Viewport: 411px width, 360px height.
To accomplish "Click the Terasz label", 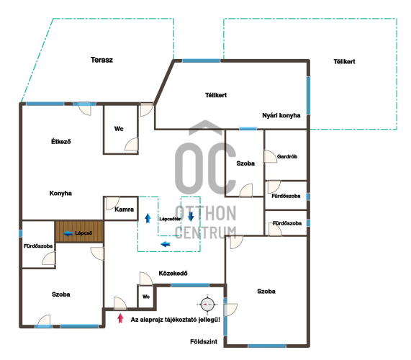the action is click(101, 60).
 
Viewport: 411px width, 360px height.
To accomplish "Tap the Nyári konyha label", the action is click(281, 115).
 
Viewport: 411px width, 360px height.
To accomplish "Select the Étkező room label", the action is click(60, 142).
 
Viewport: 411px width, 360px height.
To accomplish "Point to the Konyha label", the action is click(60, 193).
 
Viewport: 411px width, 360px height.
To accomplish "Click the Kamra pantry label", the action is click(125, 210).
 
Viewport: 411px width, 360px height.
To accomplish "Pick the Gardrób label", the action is click(287, 156).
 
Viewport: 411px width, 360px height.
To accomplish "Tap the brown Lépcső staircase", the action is click(79, 231).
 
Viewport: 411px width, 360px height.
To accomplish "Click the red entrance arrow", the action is click(120, 318).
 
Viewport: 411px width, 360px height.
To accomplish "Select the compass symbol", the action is click(207, 305).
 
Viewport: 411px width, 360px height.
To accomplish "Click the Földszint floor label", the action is click(204, 342).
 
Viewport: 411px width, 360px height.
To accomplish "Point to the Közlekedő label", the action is click(173, 273).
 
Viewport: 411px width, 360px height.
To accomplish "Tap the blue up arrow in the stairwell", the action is click(148, 218).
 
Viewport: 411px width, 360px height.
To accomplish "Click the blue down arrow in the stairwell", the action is click(191, 216).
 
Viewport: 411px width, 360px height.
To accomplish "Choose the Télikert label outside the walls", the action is click(344, 62).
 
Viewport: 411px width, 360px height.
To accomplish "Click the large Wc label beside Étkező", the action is click(119, 129).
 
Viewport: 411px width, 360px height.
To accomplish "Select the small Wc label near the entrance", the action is click(146, 297).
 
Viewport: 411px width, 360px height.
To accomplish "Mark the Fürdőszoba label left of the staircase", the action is click(38, 246).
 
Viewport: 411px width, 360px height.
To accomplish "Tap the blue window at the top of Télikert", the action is click(201, 60).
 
